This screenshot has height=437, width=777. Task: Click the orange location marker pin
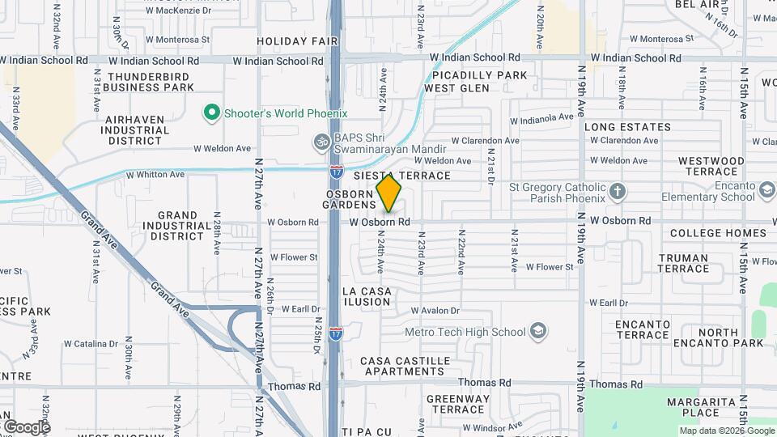pyautogui.click(x=389, y=193)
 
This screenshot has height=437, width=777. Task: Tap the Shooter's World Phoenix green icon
pyautogui.click(x=212, y=113)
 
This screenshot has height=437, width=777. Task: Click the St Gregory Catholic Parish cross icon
pyautogui.click(x=618, y=192)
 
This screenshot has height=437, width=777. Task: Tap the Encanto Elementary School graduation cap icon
pyautogui.click(x=766, y=192)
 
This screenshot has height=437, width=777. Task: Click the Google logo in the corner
pyautogui.click(x=26, y=426)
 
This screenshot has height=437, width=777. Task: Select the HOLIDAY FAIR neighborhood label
pyautogui.click(x=291, y=40)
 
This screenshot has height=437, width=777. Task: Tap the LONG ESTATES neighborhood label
pyautogui.click(x=627, y=127)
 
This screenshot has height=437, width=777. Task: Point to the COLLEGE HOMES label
pyautogui.click(x=718, y=233)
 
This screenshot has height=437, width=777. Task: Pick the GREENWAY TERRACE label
pyautogui.click(x=457, y=405)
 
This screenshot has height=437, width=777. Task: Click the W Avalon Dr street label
pyautogui.click(x=435, y=311)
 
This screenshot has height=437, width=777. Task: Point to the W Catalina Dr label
pyautogui.click(x=90, y=344)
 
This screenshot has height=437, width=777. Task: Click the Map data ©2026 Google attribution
pyautogui.click(x=727, y=431)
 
